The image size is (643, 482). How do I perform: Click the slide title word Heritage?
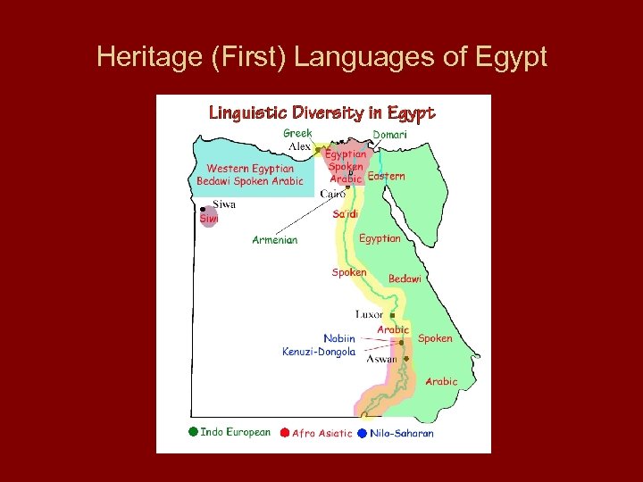138,58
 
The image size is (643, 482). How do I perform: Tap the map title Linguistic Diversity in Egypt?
321,112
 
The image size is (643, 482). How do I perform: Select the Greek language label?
297,133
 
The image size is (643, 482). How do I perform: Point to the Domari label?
389,134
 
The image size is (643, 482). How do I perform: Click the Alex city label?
299,146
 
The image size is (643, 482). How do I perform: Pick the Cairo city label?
332,194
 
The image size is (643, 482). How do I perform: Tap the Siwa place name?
225,204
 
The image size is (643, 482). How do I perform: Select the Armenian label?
275,239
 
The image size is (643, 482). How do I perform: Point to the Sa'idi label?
345,214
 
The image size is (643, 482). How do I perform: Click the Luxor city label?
369,314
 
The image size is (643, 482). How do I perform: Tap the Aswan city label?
382,358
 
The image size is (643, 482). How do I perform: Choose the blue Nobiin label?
339,338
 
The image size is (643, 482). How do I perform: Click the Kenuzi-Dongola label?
319,352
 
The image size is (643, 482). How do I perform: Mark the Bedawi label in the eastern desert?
405,278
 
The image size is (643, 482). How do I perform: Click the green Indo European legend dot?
193,432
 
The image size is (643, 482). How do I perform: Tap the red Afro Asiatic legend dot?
285,433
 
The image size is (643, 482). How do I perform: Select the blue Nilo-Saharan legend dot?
362,433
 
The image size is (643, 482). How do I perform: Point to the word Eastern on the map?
386,176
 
